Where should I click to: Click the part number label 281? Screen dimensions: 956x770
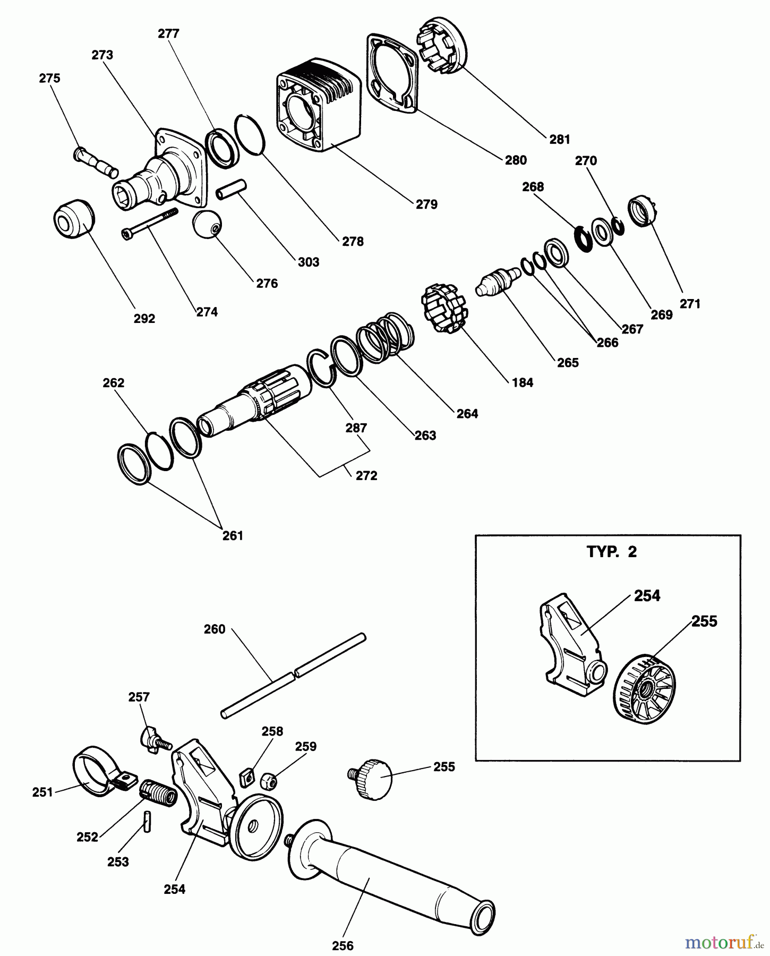tap(559, 139)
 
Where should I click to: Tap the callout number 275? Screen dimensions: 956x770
tap(49, 78)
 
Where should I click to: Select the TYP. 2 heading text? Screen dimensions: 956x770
tap(612, 552)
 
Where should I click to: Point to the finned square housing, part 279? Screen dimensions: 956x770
tap(319, 112)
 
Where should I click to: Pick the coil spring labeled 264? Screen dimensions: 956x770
tap(385, 337)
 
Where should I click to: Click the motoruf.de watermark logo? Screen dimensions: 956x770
tap(724, 942)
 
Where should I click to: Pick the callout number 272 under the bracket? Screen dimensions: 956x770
tap(366, 476)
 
